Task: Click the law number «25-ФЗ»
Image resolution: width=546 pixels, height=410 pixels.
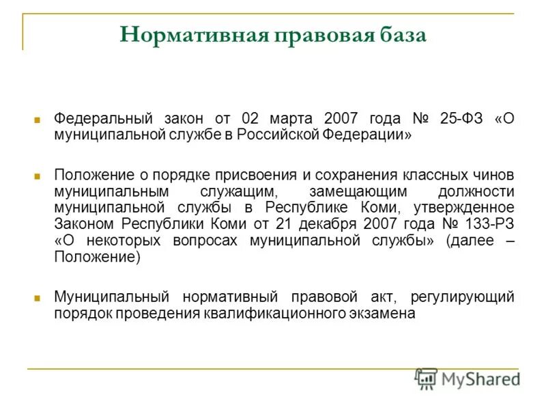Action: coord(461,118)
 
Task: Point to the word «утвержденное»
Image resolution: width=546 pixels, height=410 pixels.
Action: coord(470,207)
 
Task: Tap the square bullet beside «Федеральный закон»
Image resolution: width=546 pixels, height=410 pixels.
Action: coord(39,119)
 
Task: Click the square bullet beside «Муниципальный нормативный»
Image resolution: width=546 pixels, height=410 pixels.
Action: coord(39,298)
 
